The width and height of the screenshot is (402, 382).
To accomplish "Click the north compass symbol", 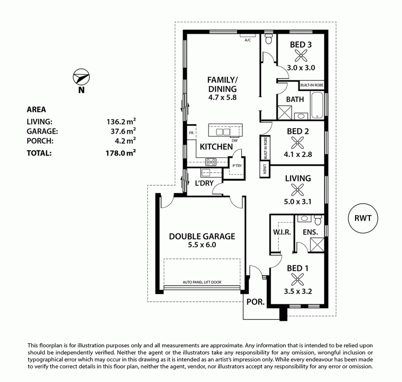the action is [81, 77].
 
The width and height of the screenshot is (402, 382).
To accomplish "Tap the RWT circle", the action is [363, 218].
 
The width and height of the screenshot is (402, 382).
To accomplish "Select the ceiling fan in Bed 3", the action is [301, 56].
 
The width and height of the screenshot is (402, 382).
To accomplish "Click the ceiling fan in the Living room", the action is [297, 190].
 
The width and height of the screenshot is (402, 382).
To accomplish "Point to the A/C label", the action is [247, 40].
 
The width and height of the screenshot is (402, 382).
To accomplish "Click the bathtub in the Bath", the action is [318, 105].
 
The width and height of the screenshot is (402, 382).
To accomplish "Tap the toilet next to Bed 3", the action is [269, 38].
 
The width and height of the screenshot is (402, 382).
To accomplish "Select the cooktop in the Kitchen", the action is [211, 162].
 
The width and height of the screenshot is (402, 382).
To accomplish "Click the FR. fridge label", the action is [192, 133].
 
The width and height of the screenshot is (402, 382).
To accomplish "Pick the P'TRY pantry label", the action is [237, 166].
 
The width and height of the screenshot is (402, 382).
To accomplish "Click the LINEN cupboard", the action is [264, 169].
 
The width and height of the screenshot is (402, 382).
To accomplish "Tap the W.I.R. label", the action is [282, 233].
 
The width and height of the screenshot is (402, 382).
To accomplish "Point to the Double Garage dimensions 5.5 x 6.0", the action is [202, 245].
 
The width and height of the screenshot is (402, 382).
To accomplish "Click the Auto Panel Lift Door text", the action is [202, 282].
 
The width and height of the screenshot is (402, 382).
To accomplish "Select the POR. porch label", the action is [255, 302].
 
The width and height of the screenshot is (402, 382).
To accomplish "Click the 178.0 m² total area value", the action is [121, 153].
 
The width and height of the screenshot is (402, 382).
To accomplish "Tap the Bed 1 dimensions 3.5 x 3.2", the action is [297, 291].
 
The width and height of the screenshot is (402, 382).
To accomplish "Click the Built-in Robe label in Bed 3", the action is [312, 85].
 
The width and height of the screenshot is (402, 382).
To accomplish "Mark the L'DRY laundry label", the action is [204, 183].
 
